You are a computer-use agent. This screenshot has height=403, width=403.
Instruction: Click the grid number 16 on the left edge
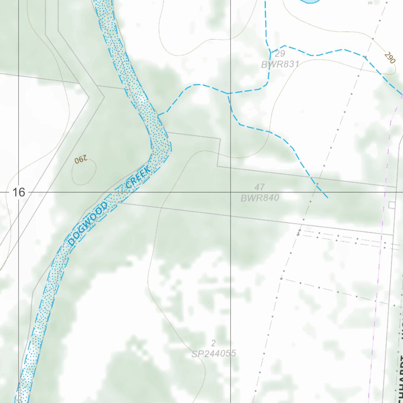[18, 192]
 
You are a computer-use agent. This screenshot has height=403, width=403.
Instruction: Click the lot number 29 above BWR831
[280, 54]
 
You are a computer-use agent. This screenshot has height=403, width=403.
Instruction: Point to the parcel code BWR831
[281, 64]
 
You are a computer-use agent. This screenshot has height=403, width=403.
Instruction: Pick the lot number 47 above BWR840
[259, 187]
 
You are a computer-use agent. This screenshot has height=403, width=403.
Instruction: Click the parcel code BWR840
[260, 198]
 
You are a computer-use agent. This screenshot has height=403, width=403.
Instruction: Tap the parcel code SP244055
[214, 353]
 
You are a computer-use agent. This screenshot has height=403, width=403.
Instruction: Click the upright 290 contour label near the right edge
[389, 58]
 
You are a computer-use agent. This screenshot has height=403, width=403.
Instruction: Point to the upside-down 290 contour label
[80, 160]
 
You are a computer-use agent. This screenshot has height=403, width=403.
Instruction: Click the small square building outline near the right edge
[392, 205]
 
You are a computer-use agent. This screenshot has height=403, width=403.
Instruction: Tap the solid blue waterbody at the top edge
[310, 2]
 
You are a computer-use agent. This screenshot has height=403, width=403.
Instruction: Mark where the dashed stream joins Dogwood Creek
[159, 115]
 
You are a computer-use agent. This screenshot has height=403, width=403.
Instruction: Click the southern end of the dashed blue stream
[327, 198]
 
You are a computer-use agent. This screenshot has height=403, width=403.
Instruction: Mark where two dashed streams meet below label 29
[229, 94]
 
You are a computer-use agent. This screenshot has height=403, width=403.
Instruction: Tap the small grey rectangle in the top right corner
[370, 2]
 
